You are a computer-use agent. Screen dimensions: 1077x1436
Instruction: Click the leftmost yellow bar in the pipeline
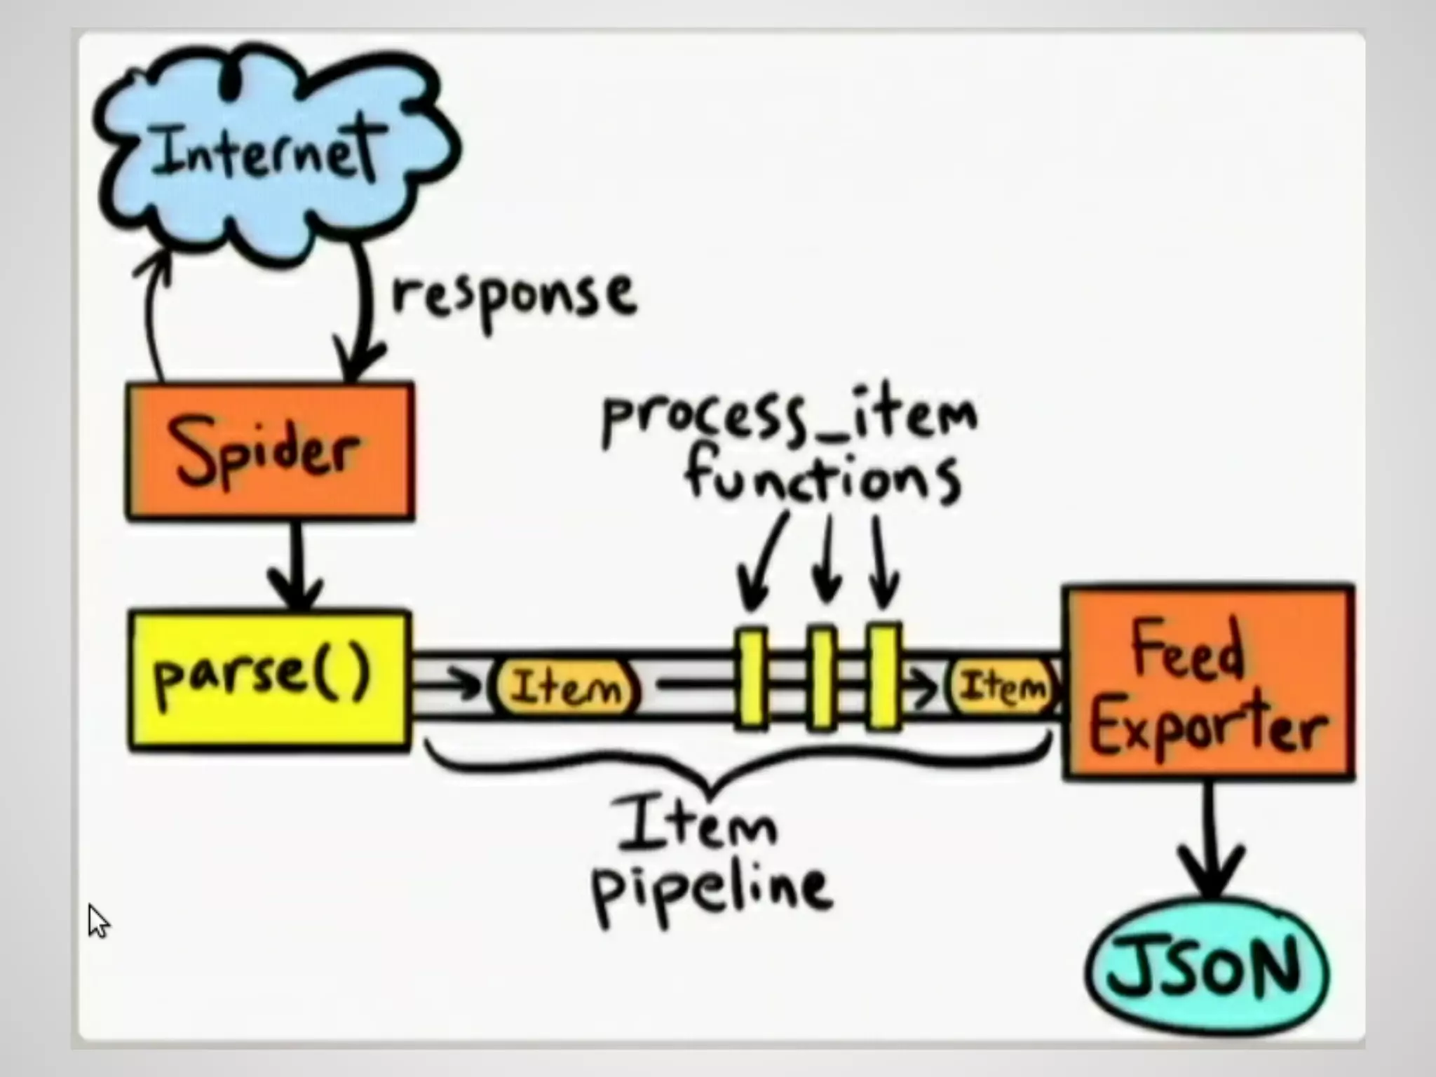[x=751, y=677]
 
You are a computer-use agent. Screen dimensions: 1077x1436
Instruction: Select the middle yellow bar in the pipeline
[x=822, y=677]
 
